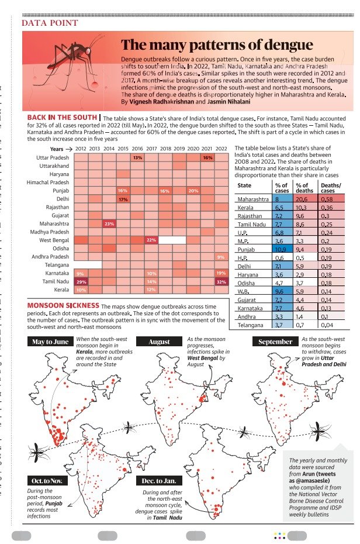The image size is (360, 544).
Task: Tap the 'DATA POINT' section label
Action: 50,23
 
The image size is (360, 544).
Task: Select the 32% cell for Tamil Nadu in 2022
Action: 221,281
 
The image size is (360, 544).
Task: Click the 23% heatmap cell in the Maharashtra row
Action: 109,224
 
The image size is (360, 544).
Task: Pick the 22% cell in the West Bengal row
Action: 151,240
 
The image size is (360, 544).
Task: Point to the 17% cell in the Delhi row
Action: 123,199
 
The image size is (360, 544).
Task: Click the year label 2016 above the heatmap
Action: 137,149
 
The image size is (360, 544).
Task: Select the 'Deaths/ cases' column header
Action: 328,187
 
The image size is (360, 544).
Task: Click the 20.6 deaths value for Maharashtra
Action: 302,200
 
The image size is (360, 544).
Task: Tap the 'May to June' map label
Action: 50,342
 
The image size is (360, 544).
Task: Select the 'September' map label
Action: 275,342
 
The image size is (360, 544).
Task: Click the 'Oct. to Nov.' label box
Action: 47,481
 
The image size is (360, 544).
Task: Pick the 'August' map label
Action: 159,342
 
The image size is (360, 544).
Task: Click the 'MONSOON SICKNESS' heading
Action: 63,306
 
